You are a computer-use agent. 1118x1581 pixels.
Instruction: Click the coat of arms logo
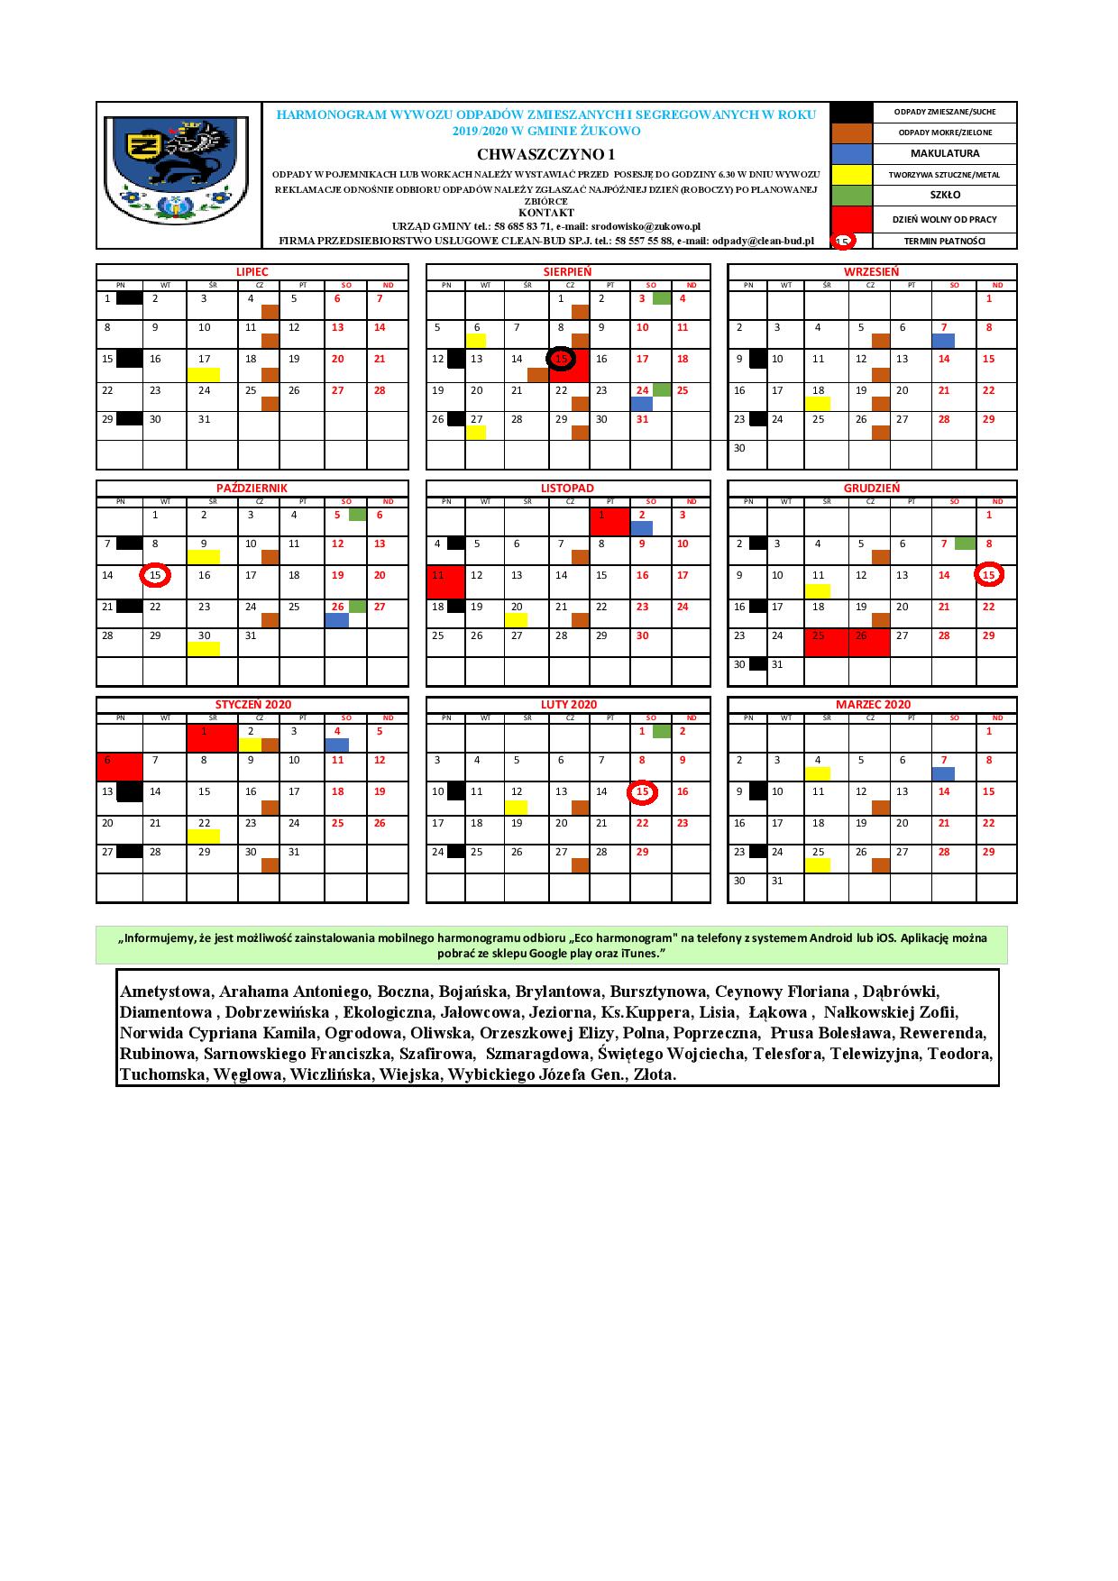point(177,175)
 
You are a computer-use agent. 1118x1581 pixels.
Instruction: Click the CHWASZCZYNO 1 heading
point(545,154)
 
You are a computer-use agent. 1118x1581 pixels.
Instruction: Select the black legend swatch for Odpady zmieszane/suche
point(850,112)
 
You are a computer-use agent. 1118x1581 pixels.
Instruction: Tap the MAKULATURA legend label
point(944,153)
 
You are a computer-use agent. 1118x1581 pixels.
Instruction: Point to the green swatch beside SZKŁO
point(850,195)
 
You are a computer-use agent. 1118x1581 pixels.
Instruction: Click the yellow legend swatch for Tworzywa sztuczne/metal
point(850,174)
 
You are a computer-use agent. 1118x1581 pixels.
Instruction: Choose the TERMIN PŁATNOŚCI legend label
point(944,241)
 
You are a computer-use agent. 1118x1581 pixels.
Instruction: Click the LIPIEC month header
point(252,271)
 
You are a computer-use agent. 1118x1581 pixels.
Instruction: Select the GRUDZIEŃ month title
point(871,488)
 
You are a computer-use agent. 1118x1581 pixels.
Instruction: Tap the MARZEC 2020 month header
point(871,704)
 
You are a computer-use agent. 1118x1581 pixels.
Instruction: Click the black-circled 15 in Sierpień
point(562,359)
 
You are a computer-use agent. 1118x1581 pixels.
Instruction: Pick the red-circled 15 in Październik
point(155,575)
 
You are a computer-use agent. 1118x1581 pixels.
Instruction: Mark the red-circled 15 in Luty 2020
point(642,791)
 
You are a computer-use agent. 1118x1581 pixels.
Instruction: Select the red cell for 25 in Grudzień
point(826,643)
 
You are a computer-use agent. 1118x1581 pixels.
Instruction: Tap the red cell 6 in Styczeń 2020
point(119,766)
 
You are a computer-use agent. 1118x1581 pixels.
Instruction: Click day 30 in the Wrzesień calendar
point(739,448)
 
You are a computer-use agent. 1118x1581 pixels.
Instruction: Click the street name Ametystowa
point(165,992)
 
